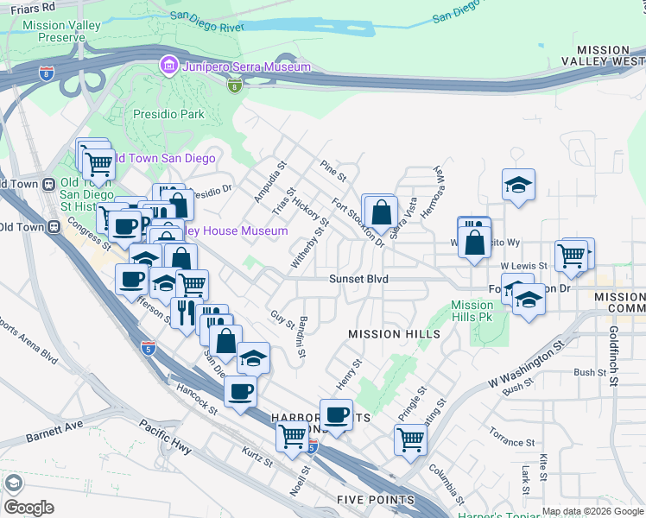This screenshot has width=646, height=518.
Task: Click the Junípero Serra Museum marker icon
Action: point(168,66)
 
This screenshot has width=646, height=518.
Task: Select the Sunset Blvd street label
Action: point(358,279)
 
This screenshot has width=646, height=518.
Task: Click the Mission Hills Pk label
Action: point(472,311)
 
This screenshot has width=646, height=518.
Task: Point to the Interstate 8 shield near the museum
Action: point(234,85)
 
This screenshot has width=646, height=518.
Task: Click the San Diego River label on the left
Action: point(207,20)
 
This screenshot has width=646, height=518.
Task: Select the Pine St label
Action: point(332,170)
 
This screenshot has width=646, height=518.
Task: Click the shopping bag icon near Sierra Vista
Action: point(380,212)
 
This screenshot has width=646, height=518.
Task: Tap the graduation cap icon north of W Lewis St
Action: point(517,185)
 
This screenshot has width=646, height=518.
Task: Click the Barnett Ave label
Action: point(54,425)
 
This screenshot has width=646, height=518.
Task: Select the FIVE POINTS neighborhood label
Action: point(376,500)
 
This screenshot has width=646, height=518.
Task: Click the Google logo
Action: point(28,508)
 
